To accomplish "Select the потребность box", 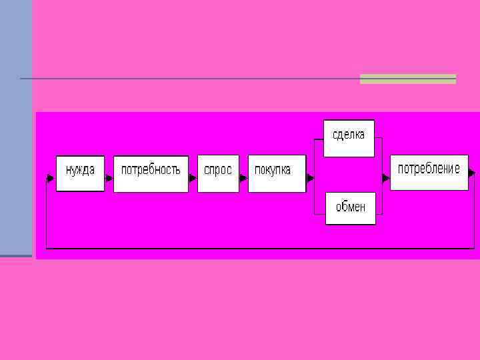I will click(x=151, y=174).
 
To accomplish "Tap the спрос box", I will click(x=218, y=174).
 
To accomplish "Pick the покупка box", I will click(x=277, y=174).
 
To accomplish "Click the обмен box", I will click(x=350, y=208).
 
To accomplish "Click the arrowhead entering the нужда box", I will click(x=51, y=178).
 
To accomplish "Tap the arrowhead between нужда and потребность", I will click(x=109, y=178).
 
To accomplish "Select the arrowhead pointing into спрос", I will click(x=193, y=178).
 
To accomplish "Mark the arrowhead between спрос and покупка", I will click(x=243, y=178).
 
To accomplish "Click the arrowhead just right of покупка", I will click(x=310, y=178).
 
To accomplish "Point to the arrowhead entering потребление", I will click(x=385, y=178).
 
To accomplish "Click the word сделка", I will click(x=349, y=135).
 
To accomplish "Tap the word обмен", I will click(x=351, y=207).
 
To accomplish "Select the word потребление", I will click(x=429, y=169).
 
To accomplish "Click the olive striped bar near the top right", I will click(x=407, y=79).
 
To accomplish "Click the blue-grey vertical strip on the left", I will click(x=15, y=127).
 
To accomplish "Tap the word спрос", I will click(x=218, y=170).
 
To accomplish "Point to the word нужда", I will click(x=80, y=170).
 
